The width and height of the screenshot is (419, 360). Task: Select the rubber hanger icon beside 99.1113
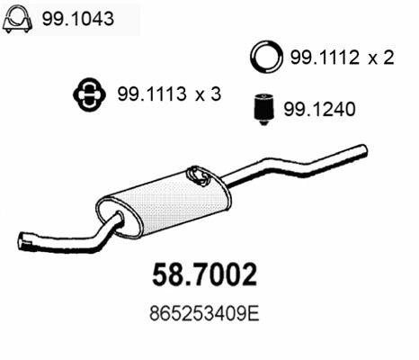click(x=87, y=93)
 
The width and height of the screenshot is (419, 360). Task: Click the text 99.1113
click(x=146, y=93)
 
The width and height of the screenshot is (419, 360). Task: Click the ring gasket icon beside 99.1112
click(x=264, y=58)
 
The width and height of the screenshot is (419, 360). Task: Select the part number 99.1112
click(x=320, y=58)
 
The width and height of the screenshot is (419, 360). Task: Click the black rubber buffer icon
click(x=261, y=109)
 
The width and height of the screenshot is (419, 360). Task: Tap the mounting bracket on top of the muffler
click(x=196, y=173)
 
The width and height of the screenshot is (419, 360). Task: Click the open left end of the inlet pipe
click(x=23, y=240)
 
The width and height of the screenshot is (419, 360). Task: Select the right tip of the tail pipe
click(x=364, y=148)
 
